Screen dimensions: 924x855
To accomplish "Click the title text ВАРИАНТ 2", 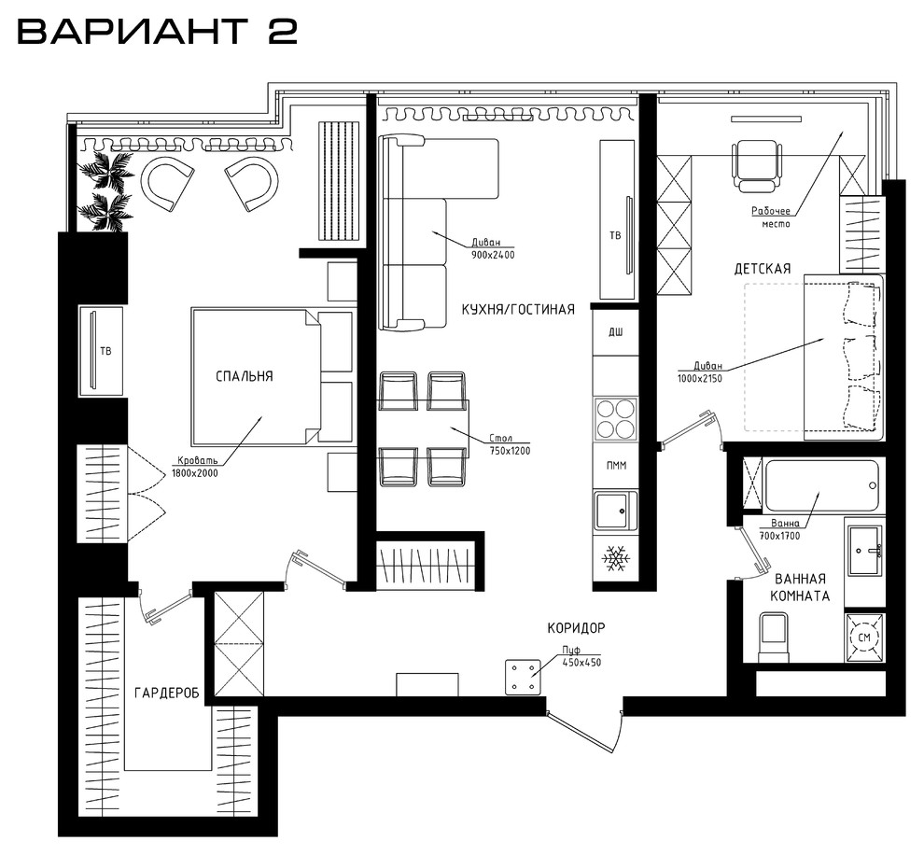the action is [158, 32].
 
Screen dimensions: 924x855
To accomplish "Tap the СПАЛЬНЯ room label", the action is [245, 376].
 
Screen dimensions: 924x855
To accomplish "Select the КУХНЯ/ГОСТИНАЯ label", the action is [518, 309].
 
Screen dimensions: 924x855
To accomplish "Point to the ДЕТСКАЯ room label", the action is [762, 269].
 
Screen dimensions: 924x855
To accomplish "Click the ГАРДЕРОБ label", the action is [167, 693].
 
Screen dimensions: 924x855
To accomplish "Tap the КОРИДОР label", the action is [576, 628].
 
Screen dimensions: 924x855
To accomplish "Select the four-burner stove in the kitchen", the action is [616, 417].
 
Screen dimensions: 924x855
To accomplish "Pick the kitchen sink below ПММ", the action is [616, 511].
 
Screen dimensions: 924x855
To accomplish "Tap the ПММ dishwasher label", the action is [616, 466].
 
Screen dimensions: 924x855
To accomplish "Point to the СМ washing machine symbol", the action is [864, 637].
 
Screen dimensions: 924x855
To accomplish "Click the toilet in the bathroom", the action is [774, 638].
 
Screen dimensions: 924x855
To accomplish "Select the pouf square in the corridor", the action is [523, 677].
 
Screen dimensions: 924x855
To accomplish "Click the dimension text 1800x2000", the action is [194, 472].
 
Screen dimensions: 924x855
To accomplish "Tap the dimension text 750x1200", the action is [510, 451].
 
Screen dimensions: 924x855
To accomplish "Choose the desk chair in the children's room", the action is [757, 166].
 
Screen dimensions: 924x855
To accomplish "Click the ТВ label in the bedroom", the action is [106, 351].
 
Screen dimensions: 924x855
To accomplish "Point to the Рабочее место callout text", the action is [771, 217].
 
